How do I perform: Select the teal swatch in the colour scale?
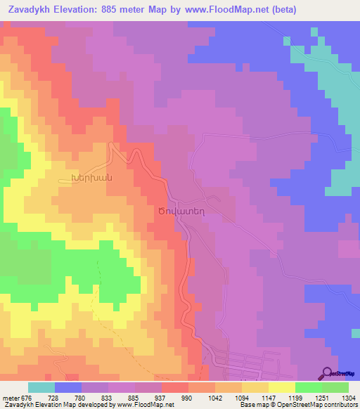41,387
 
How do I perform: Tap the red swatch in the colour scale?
174,387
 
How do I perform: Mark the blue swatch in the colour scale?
68,387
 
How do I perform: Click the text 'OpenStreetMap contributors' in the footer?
316,405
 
